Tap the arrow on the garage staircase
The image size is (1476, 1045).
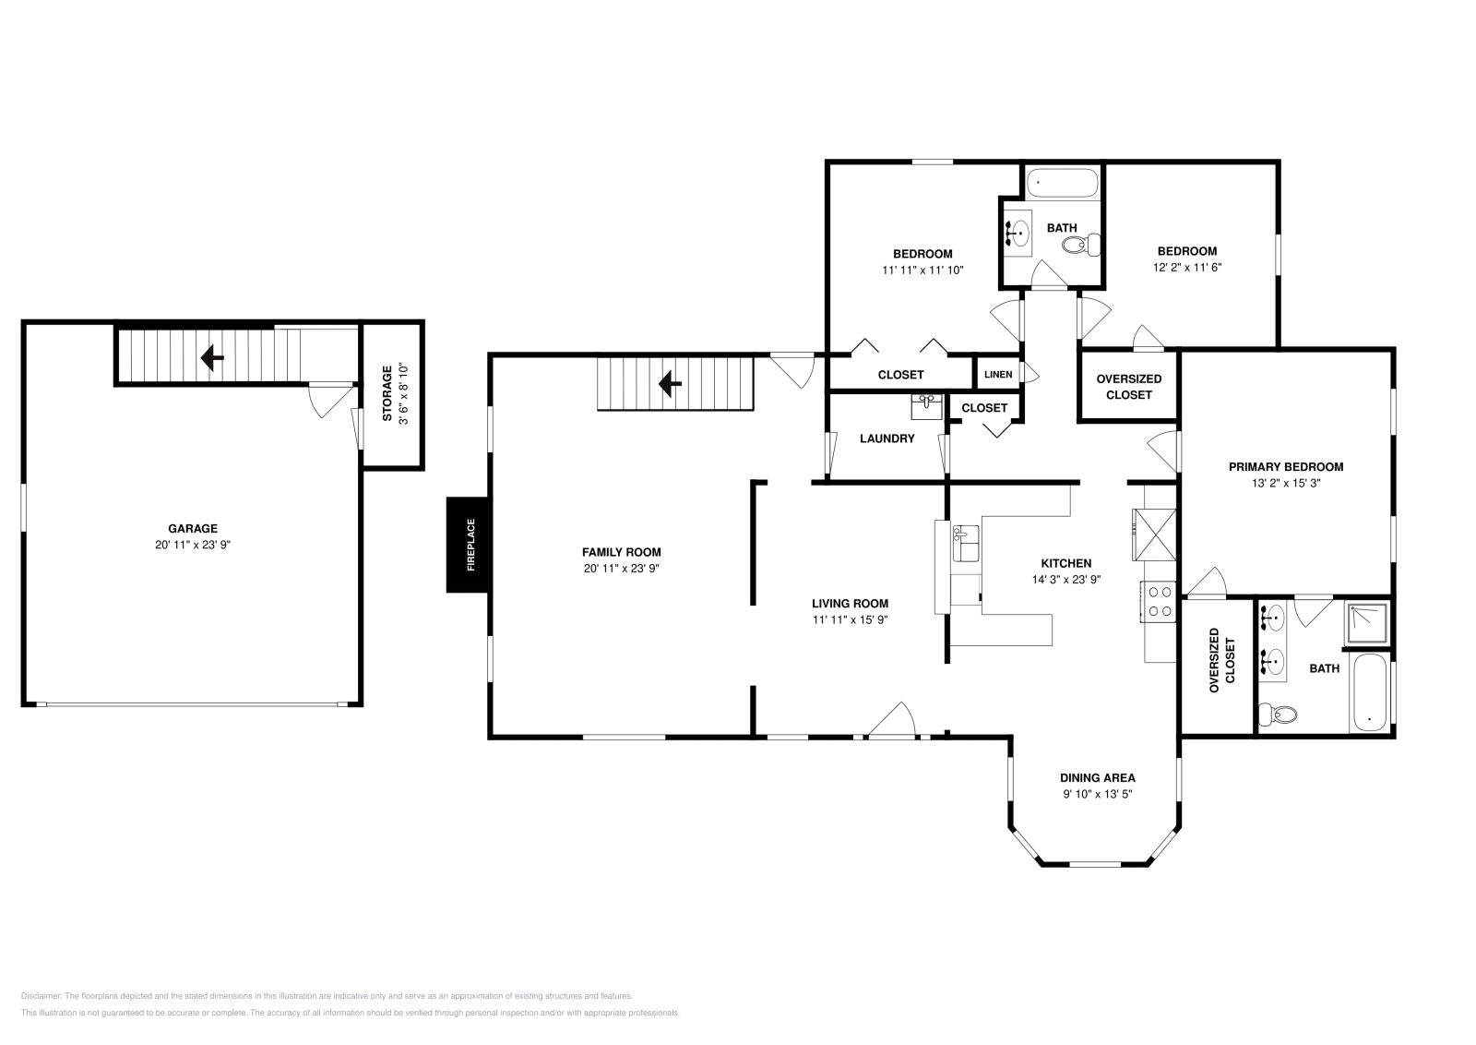pyautogui.click(x=213, y=357)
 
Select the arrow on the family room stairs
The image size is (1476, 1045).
pyautogui.click(x=671, y=383)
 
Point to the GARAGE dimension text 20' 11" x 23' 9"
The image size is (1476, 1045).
pyautogui.click(x=192, y=546)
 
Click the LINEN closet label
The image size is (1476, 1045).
pyautogui.click(x=998, y=375)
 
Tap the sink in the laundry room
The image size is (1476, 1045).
pyautogui.click(x=926, y=404)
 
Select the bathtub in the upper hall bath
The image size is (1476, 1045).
pyautogui.click(x=1064, y=183)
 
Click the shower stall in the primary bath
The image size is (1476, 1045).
pyautogui.click(x=1366, y=623)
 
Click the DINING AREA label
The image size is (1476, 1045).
pyautogui.click(x=1097, y=778)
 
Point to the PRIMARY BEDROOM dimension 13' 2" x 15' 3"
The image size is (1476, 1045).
pyautogui.click(x=1285, y=483)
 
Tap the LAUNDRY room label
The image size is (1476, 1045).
pyautogui.click(x=887, y=438)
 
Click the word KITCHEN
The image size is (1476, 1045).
pyautogui.click(x=1065, y=563)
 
